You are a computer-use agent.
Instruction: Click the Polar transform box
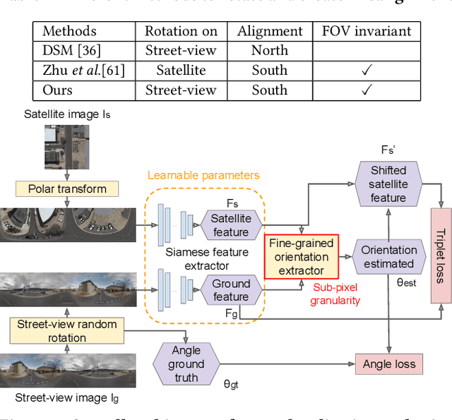[x=67, y=188]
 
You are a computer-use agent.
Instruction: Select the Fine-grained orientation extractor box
[x=301, y=256]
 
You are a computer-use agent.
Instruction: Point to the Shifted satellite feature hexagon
[x=388, y=184]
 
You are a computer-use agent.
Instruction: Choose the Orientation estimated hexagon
[x=388, y=256]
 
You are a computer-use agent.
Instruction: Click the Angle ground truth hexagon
[x=186, y=364]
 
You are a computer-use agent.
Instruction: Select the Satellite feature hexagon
[x=230, y=225]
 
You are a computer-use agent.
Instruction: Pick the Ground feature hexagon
[x=230, y=289]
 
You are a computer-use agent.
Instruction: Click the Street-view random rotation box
[x=67, y=330]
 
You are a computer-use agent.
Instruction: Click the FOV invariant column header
[x=366, y=31]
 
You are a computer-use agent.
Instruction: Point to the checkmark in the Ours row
[x=366, y=90]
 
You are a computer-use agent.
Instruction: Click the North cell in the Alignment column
[x=269, y=50]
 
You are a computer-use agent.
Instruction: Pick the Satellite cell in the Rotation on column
[x=181, y=70]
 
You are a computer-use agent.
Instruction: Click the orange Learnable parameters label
[x=203, y=174]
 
